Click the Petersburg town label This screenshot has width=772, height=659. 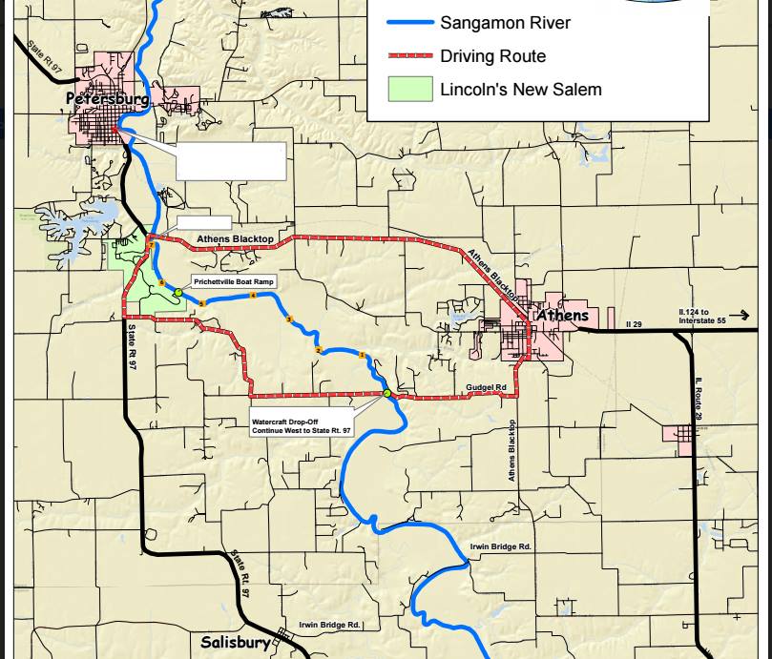coord(107,98)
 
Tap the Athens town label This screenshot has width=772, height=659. coord(562,316)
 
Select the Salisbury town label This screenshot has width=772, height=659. coord(236,643)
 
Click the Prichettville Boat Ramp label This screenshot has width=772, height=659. coord(234,282)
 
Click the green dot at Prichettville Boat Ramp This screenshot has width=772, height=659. coord(178,293)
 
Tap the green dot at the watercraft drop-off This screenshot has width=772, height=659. coord(386,393)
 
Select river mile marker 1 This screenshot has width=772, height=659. coord(362,356)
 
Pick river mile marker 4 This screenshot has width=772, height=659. coord(253,296)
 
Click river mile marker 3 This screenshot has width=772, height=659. coord(289,319)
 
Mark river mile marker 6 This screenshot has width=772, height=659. coord(162,283)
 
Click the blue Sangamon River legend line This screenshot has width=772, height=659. coord(410,22)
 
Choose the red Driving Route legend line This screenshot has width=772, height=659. coord(410,56)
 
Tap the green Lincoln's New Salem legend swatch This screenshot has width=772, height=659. coord(410,90)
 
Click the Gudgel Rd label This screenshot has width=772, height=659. coord(486,388)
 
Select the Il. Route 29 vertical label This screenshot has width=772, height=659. coord(699,399)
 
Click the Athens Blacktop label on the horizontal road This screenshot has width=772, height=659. coord(236,238)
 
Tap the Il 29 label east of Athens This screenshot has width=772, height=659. coord(634,325)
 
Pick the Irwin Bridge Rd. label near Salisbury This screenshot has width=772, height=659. coord(329,625)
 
